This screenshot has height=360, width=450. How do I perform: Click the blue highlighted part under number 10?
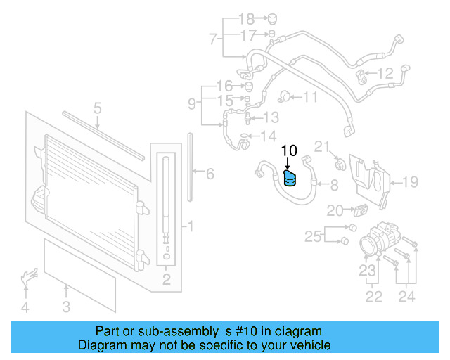click(x=290, y=179)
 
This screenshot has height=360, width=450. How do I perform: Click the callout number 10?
click(x=290, y=150)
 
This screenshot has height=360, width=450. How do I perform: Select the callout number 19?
click(x=410, y=182)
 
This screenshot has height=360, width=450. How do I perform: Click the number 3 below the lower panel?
click(x=66, y=306)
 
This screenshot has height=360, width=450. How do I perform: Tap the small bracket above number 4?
click(x=28, y=276)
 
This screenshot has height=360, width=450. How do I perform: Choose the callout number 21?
click(x=321, y=146)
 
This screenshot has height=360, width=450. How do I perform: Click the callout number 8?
click(x=335, y=185)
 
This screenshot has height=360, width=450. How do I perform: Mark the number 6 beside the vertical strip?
click(x=210, y=173)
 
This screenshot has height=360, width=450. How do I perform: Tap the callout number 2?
click(x=167, y=281)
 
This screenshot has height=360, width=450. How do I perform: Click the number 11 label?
click(x=310, y=97)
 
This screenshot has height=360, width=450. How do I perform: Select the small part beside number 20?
click(x=361, y=210)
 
